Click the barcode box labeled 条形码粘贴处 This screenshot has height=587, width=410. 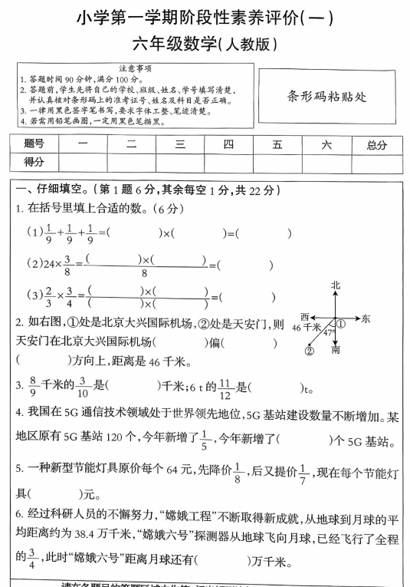tap(327, 97)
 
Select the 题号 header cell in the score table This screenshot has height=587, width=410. tap(34, 143)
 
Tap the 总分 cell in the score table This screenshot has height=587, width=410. tap(376, 143)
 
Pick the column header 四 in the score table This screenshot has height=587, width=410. tap(228, 143)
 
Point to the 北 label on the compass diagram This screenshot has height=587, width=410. tap(335, 285)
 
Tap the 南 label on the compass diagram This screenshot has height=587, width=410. tap(336, 350)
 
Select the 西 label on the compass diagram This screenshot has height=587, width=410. tap(305, 316)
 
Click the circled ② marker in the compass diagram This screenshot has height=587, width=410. tap(310, 351)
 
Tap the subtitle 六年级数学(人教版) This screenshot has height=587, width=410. tap(204, 45)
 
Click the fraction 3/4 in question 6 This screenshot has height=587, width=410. tap(31, 560)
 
